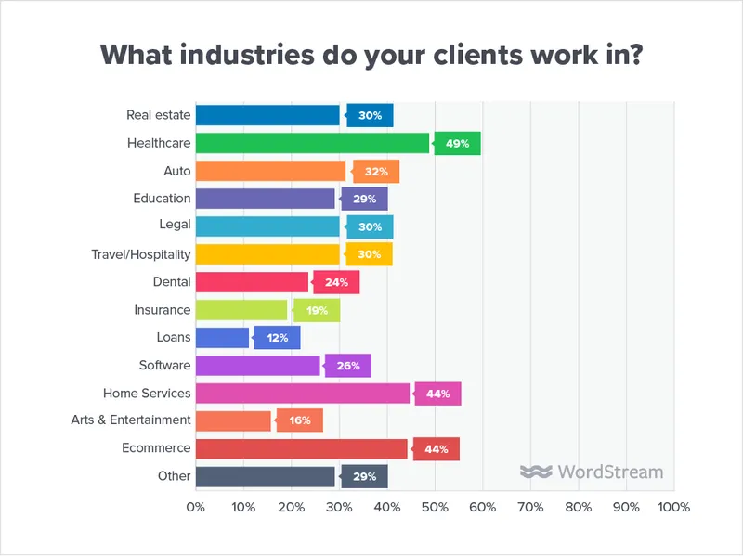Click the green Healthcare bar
point(312,143)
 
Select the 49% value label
point(457,143)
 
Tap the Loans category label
point(174,338)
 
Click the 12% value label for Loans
point(278,338)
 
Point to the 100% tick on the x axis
point(673,508)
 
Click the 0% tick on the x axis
point(195,508)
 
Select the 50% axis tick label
point(434,508)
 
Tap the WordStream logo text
point(610,472)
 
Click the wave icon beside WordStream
point(535,472)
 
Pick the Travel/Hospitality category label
point(140,254)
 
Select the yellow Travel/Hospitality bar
point(267,254)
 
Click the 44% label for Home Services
point(437,394)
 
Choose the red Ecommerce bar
point(302,449)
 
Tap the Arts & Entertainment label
point(131,420)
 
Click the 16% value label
point(299,420)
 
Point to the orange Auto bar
point(270,171)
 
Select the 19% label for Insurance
point(317,310)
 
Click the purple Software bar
point(257,366)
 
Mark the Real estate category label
point(159,115)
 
